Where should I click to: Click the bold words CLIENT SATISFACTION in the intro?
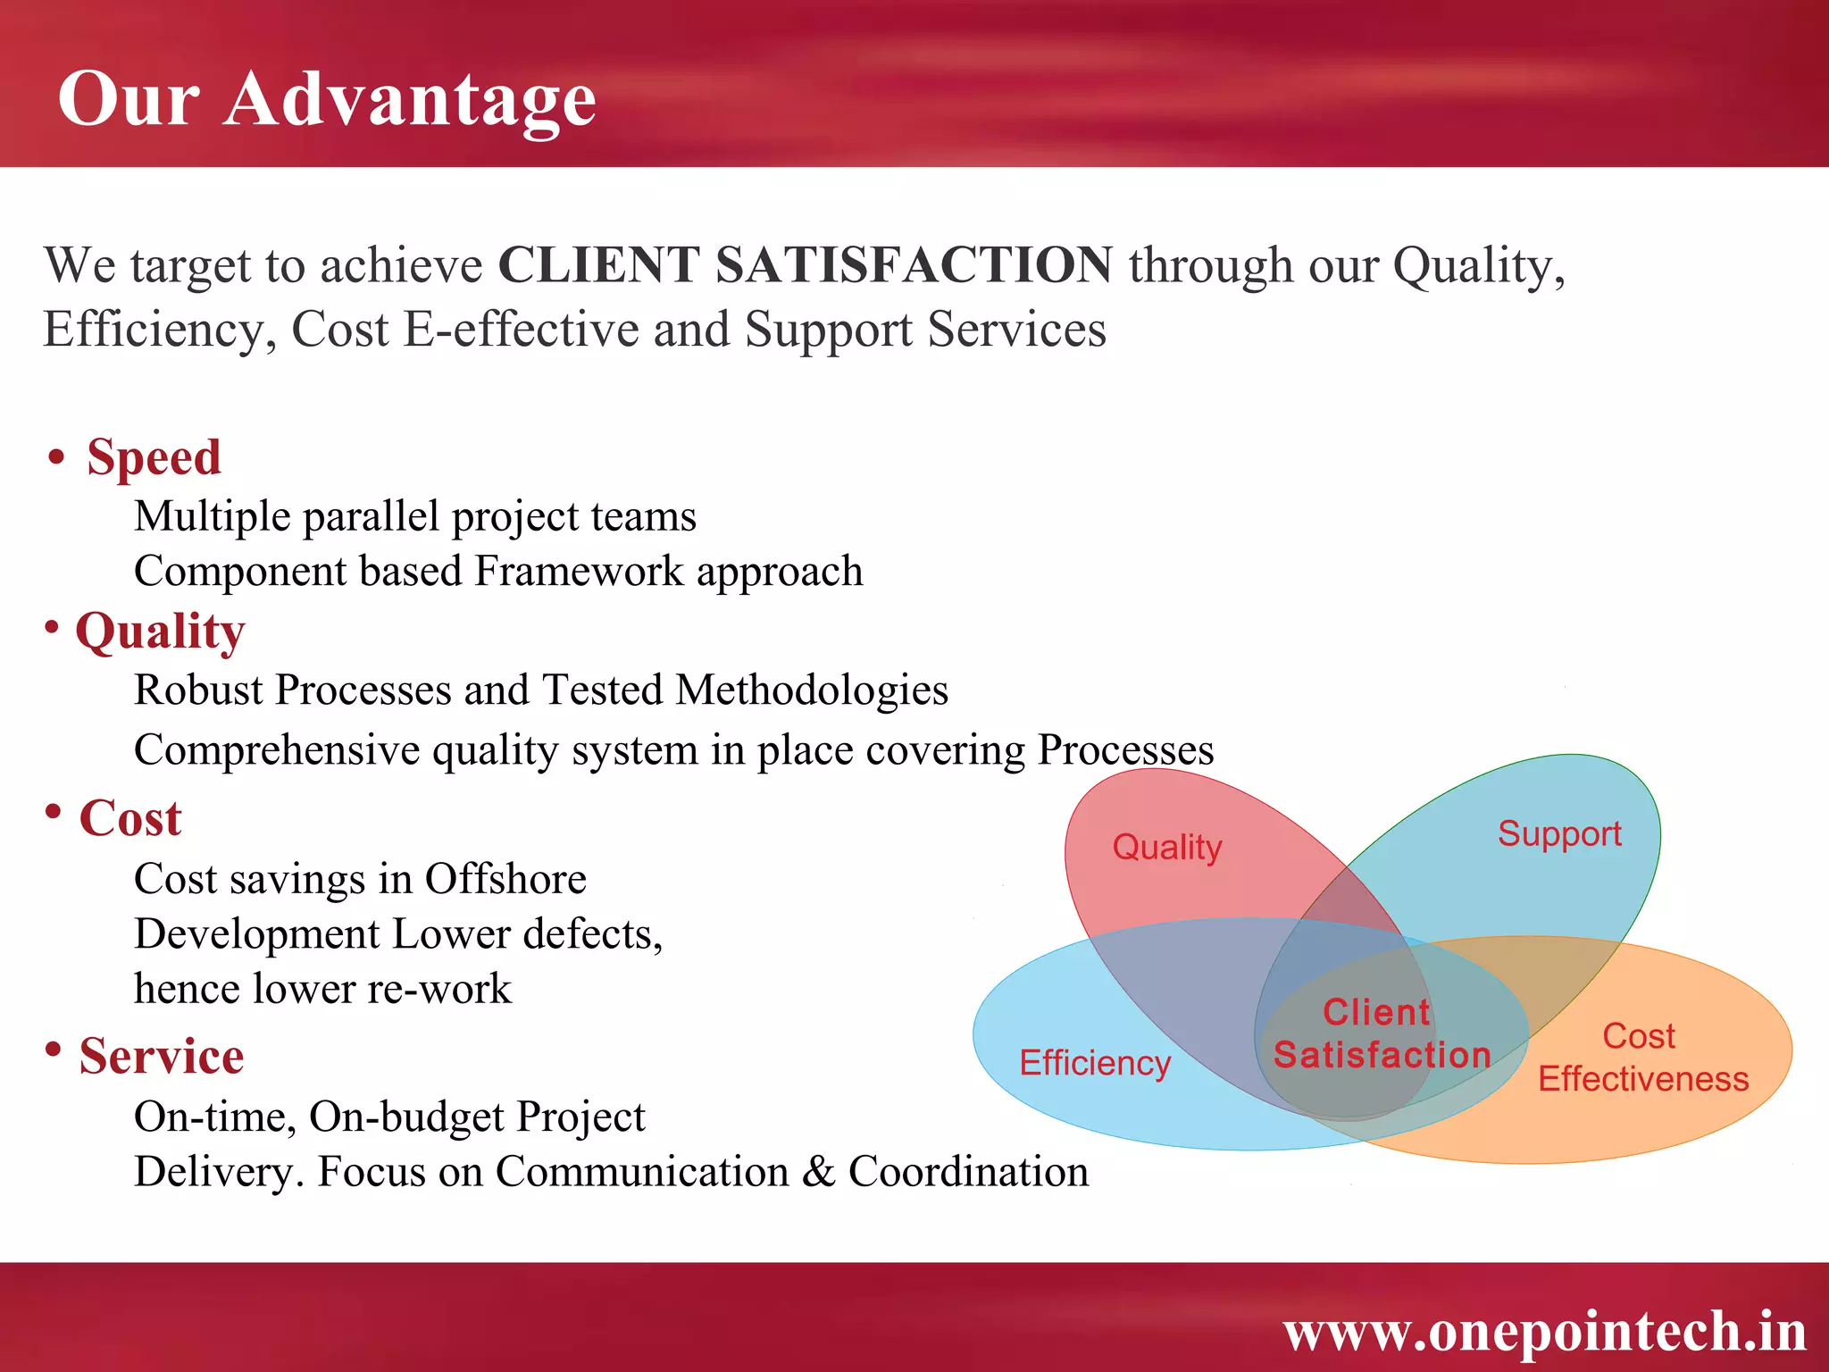point(805,265)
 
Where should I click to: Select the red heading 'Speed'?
point(154,457)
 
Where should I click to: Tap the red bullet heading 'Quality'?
point(160,632)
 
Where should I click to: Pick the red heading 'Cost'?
point(130,818)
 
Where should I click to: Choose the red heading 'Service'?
point(162,1056)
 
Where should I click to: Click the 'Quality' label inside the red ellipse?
point(1166,847)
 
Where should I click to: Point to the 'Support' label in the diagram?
point(1559,833)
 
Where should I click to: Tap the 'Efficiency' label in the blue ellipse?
point(1095,1063)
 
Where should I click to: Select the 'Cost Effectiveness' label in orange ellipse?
point(1642,1058)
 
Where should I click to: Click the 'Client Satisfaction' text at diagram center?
point(1381,1033)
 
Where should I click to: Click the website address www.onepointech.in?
point(1544,1331)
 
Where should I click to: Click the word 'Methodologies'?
point(812,690)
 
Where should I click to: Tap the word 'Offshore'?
point(505,879)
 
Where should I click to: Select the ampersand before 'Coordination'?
point(818,1172)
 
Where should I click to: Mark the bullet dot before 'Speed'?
point(56,457)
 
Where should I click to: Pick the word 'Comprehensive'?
point(277,749)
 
